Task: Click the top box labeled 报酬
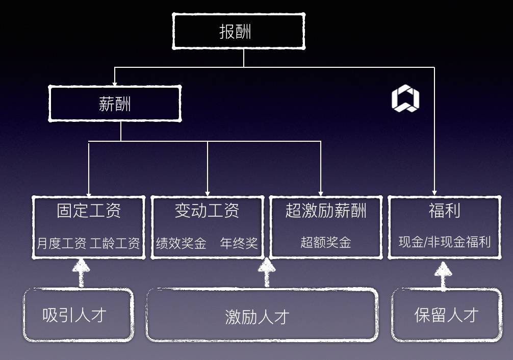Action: click(238, 31)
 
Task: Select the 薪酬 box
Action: click(115, 104)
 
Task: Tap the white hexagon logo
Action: click(405, 99)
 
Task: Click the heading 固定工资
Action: click(89, 211)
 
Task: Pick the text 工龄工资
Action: click(115, 243)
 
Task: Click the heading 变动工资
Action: click(207, 211)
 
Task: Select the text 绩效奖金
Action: click(181, 243)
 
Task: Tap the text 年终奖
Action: click(239, 243)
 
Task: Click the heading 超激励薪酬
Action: click(325, 211)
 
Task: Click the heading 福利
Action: click(444, 211)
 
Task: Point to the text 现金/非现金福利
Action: click(444, 242)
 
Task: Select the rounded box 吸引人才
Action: click(78, 315)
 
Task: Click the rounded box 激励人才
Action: click(262, 316)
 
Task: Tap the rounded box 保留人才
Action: click(446, 315)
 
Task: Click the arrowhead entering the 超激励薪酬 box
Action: click(321, 193)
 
